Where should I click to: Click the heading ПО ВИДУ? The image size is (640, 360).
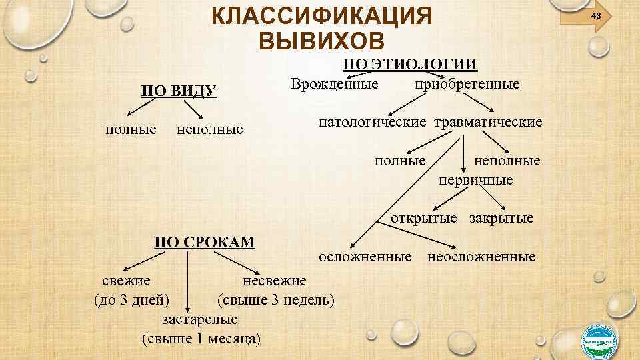point(178,91)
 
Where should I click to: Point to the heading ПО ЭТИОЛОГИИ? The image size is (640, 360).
point(409,64)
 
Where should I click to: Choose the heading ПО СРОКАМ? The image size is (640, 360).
point(204,241)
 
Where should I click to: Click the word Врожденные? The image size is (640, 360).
point(335,85)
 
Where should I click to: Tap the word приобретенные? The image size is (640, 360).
point(467,85)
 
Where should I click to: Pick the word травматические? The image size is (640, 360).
point(489,123)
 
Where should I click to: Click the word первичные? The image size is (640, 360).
point(475,180)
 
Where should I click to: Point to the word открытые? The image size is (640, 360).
point(424,218)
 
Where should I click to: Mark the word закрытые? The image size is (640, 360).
point(501,218)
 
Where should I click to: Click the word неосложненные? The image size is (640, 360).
point(481,257)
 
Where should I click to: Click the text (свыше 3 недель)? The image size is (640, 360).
point(276,298)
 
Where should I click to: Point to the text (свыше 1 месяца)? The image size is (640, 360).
point(201,338)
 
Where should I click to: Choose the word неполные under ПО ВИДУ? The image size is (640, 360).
point(210,129)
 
